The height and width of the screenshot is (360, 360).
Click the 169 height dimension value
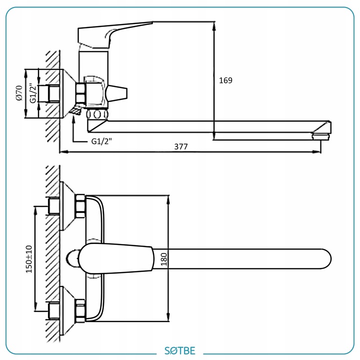tap(225, 80)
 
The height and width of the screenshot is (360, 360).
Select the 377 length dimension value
tap(181, 146)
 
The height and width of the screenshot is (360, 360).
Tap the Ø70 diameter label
tap(19, 93)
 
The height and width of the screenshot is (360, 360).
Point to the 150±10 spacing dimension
tap(29, 259)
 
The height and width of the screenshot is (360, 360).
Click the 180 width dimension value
tap(163, 259)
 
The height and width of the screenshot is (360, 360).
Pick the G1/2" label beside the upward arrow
tap(101, 141)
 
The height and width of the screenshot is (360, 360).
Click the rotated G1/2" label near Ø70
tap(32, 93)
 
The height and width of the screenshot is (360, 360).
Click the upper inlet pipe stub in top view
tap(53, 206)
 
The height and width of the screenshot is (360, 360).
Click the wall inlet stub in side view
tap(53, 93)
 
